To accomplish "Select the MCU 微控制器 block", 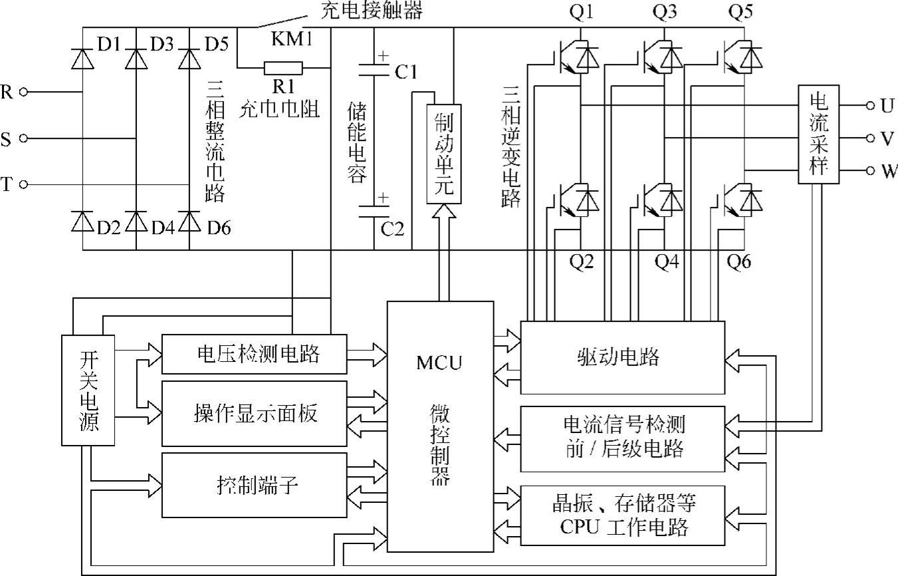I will (441, 426).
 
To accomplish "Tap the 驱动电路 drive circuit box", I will (621, 358).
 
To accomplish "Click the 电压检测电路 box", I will (255, 354).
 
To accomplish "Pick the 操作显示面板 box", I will (255, 414).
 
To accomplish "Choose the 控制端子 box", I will (255, 485).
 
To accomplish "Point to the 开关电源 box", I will (88, 390).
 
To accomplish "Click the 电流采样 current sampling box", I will (818, 135).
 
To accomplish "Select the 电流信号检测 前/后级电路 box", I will (621, 438).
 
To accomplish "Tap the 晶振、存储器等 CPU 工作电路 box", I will (621, 515).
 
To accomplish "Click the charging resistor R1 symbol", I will (284, 68).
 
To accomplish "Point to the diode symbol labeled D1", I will (82, 59).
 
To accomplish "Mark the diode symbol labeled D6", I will (189, 219).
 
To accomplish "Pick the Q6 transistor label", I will (739, 262).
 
